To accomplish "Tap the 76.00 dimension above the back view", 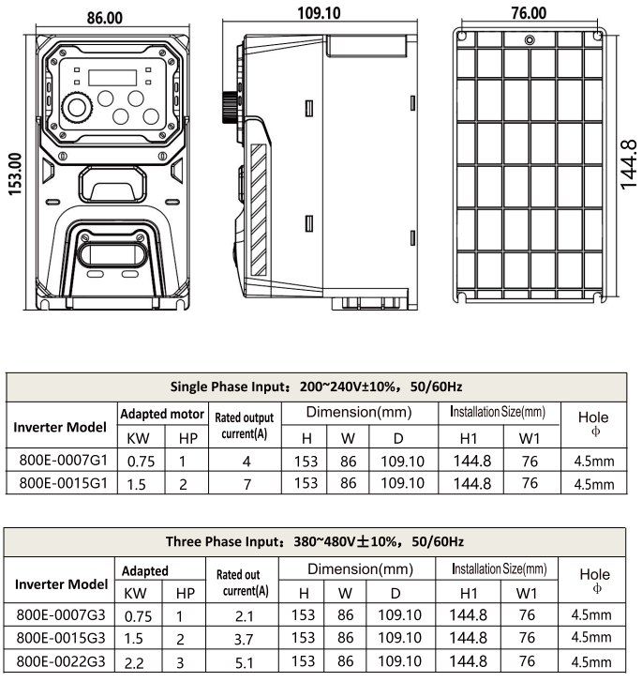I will click(x=529, y=12).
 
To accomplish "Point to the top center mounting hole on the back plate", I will click(x=530, y=39).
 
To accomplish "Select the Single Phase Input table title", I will click(x=316, y=386).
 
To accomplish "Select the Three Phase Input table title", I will click(x=315, y=542).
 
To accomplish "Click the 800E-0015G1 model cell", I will click(x=63, y=484).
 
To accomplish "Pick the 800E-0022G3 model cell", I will click(x=63, y=661).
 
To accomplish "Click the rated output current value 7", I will click(x=246, y=484).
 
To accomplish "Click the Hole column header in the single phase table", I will click(x=593, y=424).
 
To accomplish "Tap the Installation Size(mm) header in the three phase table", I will click(x=498, y=568).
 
